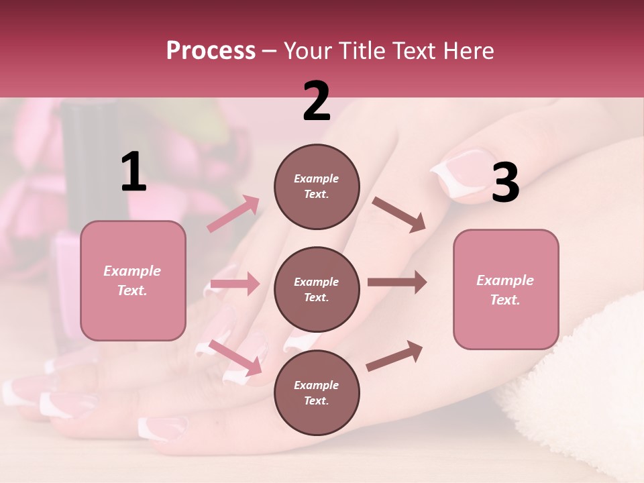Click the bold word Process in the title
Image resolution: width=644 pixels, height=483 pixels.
(211, 51)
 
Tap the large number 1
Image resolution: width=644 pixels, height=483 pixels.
(133, 172)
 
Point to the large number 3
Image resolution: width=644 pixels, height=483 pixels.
(505, 183)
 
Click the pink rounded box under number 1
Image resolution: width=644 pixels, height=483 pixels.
(133, 280)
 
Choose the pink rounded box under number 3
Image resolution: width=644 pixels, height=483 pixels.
(506, 289)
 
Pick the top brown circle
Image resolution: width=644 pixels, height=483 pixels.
(317, 186)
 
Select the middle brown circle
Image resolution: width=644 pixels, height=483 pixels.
(317, 289)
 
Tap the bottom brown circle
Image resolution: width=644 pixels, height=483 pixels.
(317, 392)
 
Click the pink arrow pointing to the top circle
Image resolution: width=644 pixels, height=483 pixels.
(233, 214)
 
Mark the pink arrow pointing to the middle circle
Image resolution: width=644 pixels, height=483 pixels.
(235, 284)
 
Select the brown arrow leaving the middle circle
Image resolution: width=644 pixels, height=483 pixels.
(396, 282)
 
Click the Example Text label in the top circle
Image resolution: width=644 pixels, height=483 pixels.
(317, 186)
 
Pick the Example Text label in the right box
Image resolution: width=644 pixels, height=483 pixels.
(505, 290)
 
